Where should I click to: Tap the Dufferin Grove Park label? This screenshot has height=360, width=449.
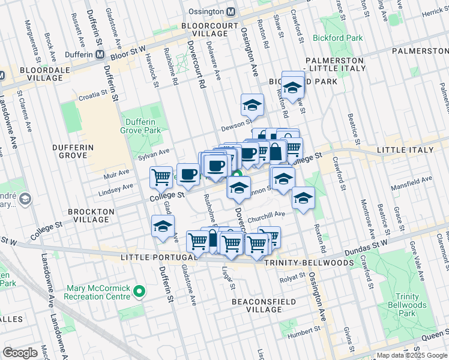tap(143, 125)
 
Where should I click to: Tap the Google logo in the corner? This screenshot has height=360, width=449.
tap(20, 352)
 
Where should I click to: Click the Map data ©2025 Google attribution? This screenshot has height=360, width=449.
tap(411, 355)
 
